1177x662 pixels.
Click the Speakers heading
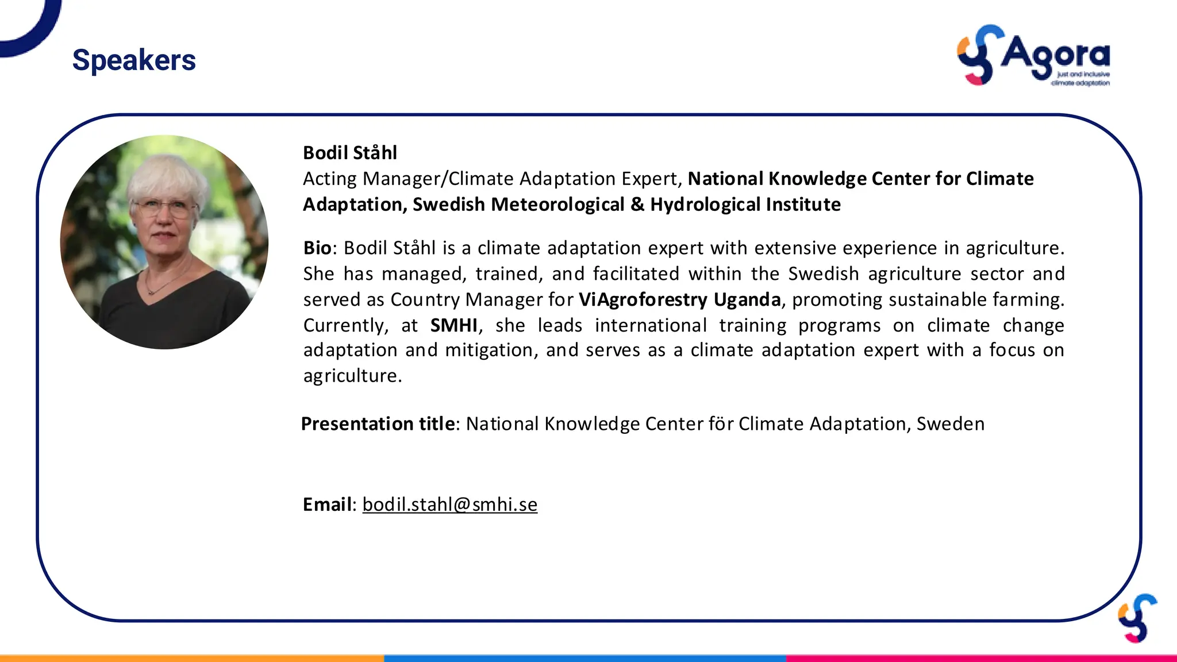tap(134, 60)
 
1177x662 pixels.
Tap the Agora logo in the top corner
tap(1033, 56)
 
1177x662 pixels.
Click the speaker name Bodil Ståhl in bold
tap(350, 153)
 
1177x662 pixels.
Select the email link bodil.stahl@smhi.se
tap(449, 504)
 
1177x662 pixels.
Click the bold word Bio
tap(317, 248)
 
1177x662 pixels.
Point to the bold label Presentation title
tap(378, 424)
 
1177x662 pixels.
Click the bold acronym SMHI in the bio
tap(453, 325)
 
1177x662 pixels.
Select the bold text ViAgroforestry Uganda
tap(679, 299)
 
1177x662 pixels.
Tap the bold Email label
tap(327, 504)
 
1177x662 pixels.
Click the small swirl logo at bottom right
tap(1137, 618)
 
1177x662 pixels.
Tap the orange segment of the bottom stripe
tap(192, 658)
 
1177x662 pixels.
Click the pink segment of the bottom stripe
tap(981, 658)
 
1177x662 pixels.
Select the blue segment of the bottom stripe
tap(584, 658)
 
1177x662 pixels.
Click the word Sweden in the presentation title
tap(950, 424)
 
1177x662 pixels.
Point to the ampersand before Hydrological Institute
tap(637, 205)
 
